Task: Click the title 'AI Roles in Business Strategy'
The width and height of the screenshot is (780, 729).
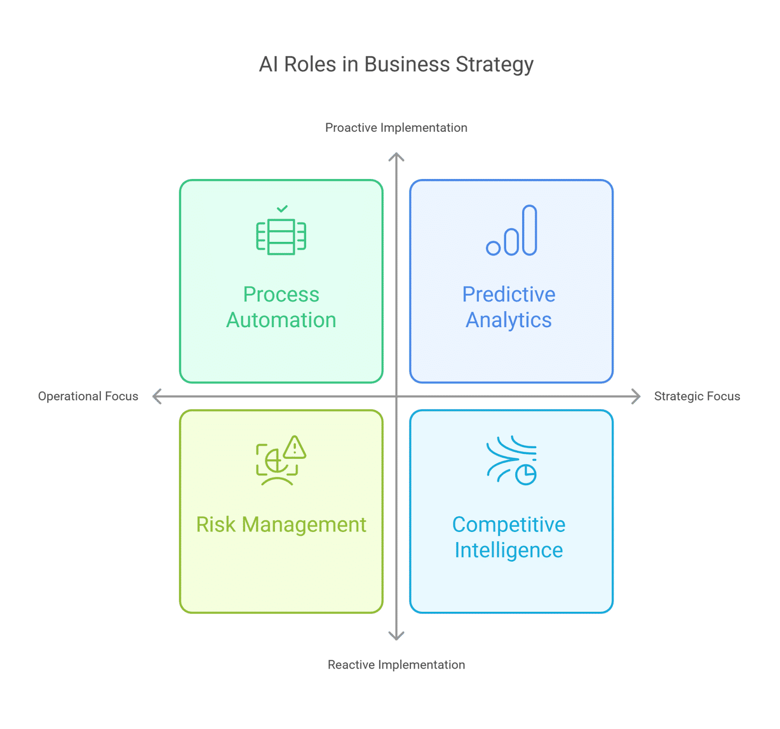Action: [x=396, y=64]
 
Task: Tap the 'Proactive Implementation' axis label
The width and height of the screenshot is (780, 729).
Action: [x=396, y=128]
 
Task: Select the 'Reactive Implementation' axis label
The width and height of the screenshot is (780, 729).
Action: [x=396, y=665]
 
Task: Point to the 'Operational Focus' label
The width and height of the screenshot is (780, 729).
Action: [x=88, y=396]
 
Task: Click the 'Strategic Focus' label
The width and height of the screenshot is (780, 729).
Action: [x=697, y=396]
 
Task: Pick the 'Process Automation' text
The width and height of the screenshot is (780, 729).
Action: [x=281, y=307]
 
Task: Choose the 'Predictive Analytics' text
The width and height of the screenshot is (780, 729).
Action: [x=508, y=307]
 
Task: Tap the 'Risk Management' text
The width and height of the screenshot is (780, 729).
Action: [x=281, y=525]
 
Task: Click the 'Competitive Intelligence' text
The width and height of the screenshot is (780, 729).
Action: [x=508, y=537]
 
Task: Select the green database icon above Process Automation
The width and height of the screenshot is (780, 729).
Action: [x=281, y=236]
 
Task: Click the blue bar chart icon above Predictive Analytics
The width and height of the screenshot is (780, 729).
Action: [x=512, y=231]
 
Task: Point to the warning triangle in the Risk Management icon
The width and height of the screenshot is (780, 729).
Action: [x=294, y=448]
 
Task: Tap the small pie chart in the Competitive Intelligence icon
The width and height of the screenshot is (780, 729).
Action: [x=526, y=474]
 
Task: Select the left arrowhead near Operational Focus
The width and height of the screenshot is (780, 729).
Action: [x=156, y=396]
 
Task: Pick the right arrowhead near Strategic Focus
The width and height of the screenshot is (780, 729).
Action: [x=637, y=396]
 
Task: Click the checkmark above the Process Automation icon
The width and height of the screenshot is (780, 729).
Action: [x=282, y=209]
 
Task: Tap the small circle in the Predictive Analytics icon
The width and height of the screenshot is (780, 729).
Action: [x=493, y=248]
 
